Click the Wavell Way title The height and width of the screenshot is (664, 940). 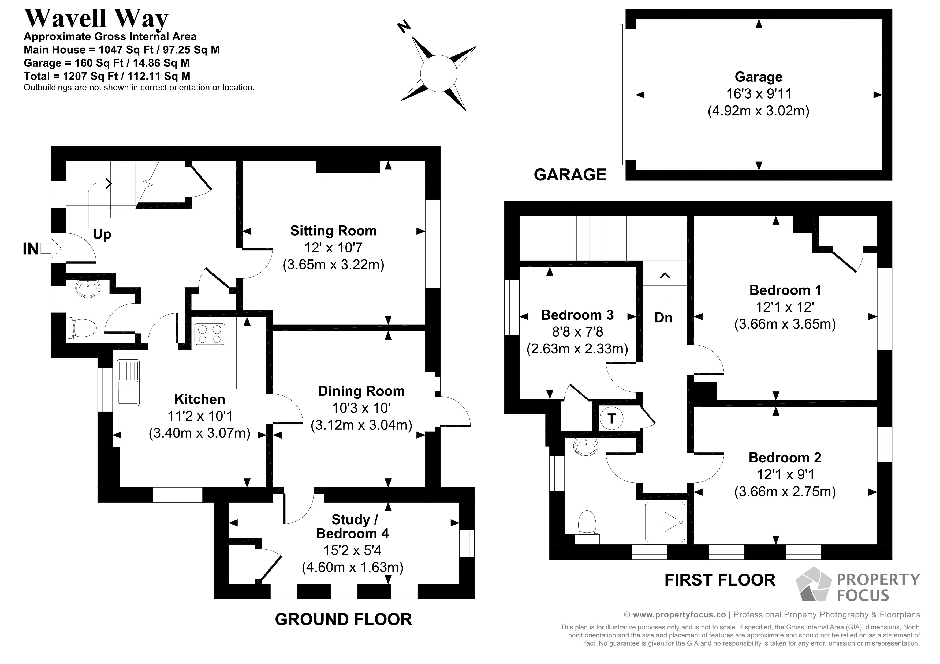tap(96, 18)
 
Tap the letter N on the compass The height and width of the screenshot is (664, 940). tap(404, 27)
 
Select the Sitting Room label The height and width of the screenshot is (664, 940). tap(333, 231)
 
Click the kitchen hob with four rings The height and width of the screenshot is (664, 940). tap(210, 333)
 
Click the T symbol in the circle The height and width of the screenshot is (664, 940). tap(611, 418)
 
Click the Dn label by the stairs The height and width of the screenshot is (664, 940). tap(663, 318)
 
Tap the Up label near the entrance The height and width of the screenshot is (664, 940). tap(102, 235)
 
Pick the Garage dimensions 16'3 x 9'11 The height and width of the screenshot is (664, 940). tap(759, 94)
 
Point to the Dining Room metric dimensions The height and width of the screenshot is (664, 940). tap(361, 425)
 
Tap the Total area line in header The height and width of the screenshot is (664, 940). tap(107, 76)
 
